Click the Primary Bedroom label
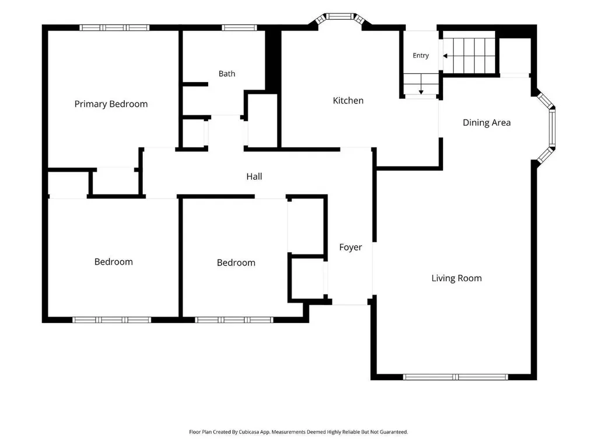111,104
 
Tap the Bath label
227,74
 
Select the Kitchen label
348,101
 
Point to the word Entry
421,55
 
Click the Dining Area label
487,122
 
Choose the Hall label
254,176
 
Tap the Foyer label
350,247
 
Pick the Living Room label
456,278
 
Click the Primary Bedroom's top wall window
114,28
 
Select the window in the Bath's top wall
239,28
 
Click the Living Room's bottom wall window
455,377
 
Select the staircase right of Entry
469,56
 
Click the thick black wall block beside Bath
273,60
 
